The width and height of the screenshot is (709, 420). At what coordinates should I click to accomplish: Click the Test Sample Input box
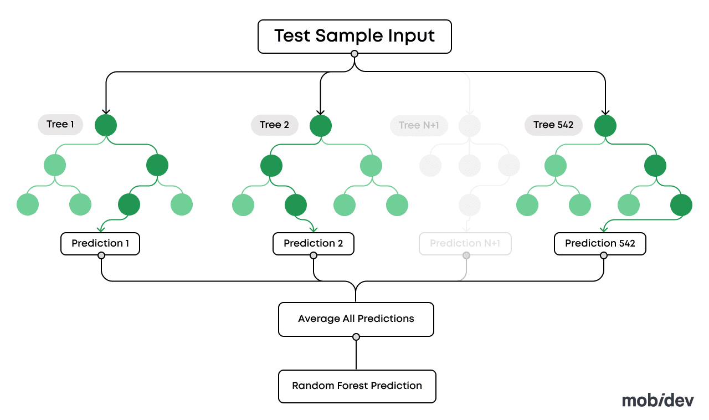354,37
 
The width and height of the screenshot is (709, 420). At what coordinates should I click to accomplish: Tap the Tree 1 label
60,125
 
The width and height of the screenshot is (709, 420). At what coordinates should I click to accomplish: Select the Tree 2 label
274,125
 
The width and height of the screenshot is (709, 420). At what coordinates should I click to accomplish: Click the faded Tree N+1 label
419,125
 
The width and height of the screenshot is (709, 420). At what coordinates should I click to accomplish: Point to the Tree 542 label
553,125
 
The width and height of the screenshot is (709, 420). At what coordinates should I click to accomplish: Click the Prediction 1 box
100,244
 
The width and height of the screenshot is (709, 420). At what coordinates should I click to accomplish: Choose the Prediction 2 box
314,244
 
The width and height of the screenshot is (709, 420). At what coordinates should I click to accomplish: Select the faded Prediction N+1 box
465,244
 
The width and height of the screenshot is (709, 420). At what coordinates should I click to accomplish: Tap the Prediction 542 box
600,244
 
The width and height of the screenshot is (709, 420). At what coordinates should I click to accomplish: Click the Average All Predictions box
356,319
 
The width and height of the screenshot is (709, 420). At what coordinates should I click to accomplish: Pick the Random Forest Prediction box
357,386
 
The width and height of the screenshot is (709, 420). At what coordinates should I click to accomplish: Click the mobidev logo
657,401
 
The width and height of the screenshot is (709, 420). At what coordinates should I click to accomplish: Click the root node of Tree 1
106,125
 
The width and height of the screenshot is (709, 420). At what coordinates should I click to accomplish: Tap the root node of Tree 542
605,126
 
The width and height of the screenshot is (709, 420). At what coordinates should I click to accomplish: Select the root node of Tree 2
321,126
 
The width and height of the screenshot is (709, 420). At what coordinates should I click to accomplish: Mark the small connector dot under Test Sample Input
354,54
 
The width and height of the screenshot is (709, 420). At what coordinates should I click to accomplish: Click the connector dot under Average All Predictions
356,337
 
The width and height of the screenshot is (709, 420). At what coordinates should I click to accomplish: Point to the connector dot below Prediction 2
314,255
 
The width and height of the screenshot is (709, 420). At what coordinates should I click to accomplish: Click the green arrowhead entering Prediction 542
604,229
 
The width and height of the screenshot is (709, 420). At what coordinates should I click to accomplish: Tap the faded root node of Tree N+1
470,126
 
